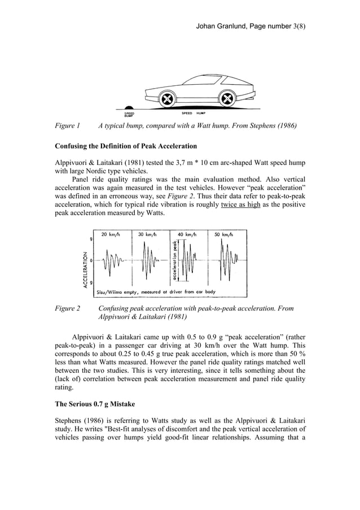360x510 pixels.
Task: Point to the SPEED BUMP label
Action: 129,114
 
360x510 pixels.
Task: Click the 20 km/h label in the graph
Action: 112,234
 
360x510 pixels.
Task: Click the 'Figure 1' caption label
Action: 67,125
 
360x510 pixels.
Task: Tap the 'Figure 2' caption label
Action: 67,309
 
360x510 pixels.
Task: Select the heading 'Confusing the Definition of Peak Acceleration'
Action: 126,146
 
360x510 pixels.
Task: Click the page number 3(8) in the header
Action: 295,26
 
